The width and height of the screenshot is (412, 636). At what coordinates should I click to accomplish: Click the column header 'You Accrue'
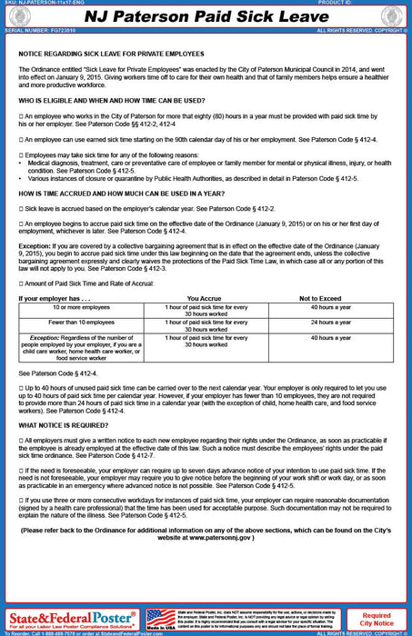[x=205, y=298]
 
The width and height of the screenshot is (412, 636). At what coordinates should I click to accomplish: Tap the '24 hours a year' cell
[x=331, y=322]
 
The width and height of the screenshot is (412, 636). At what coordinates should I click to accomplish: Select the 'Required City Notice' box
[x=377, y=619]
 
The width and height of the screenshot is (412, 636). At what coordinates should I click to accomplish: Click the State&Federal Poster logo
[x=72, y=618]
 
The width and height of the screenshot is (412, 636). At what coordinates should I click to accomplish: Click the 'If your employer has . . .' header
[x=55, y=298]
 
